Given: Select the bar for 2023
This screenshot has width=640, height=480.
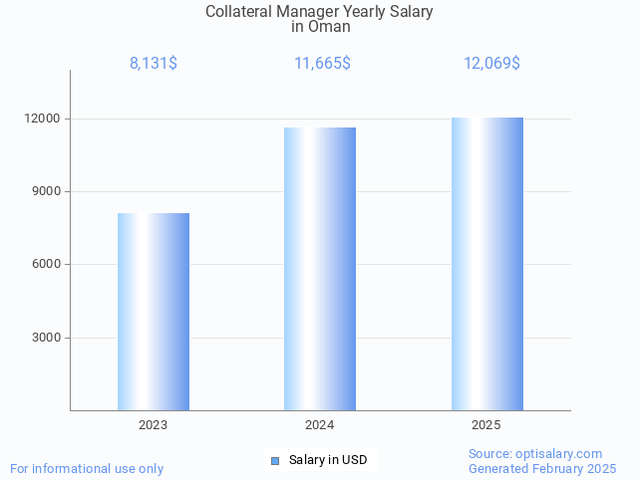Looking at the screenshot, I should point(154,312).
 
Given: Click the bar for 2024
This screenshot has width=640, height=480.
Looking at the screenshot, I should point(320,269).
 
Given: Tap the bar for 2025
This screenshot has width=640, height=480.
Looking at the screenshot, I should point(486,264).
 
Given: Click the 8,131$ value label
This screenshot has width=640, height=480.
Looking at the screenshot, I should point(154,64).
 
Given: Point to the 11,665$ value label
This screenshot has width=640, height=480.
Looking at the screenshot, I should point(321,64).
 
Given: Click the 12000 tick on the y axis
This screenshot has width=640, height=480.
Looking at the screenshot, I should point(44,119).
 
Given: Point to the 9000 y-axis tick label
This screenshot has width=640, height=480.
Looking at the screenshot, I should point(47,191).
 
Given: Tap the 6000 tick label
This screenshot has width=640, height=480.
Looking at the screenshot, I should point(47,264).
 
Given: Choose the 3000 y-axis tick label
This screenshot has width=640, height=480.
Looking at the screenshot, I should point(47,338).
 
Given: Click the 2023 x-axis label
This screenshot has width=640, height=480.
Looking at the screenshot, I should point(153,425).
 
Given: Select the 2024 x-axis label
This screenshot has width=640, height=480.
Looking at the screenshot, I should point(319,425).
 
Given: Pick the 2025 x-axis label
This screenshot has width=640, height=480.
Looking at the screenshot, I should point(485,425).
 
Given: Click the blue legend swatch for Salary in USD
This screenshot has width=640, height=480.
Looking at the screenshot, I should point(275,460).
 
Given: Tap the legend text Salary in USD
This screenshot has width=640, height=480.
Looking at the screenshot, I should point(328,460).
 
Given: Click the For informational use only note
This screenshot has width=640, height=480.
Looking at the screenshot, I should point(87,468).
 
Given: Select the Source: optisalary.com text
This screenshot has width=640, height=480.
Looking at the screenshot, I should point(535,454).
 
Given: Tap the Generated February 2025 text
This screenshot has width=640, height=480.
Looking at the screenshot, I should point(541,468).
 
